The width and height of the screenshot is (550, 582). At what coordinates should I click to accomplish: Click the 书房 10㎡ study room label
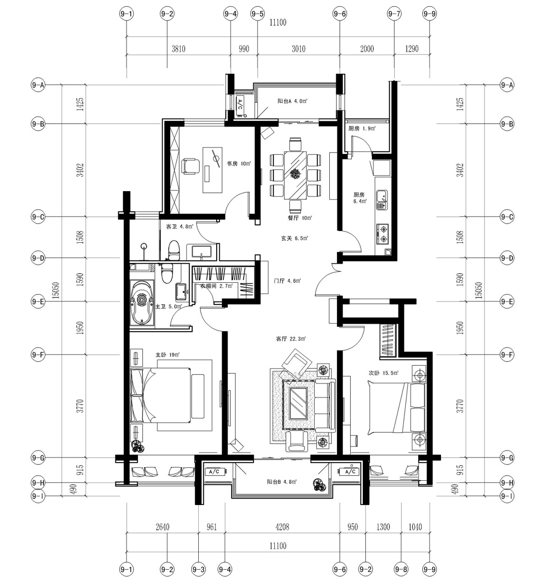[x=239, y=164]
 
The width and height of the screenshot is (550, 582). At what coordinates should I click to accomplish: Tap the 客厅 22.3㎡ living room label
[x=290, y=339]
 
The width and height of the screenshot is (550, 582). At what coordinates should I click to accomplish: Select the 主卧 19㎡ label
[x=168, y=355]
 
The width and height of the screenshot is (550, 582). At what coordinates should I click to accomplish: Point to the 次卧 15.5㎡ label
[x=383, y=373]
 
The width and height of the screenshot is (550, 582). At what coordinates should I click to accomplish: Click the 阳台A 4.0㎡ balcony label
[x=292, y=101]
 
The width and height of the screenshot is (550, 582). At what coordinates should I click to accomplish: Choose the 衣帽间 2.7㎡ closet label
[x=216, y=286]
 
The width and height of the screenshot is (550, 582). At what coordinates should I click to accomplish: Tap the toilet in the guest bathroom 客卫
[x=174, y=250]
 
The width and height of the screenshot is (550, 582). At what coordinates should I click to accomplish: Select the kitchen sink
[x=381, y=200]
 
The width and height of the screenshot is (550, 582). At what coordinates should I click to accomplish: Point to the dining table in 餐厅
[x=295, y=175]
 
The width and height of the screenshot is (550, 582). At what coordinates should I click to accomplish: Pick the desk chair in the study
[x=191, y=166]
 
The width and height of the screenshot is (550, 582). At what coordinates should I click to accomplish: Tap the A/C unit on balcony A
[x=240, y=104]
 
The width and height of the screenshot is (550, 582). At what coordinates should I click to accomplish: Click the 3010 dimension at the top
[x=299, y=49]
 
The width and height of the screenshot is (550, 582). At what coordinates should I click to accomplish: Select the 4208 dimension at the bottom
[x=282, y=527]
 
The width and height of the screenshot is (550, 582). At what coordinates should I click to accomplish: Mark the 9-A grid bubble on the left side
[x=38, y=85]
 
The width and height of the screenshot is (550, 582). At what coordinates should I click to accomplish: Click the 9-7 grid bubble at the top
[x=394, y=14]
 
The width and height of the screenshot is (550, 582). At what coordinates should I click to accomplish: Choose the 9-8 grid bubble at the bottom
[x=401, y=569]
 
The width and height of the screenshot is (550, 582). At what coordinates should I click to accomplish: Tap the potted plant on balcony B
[x=319, y=484]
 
